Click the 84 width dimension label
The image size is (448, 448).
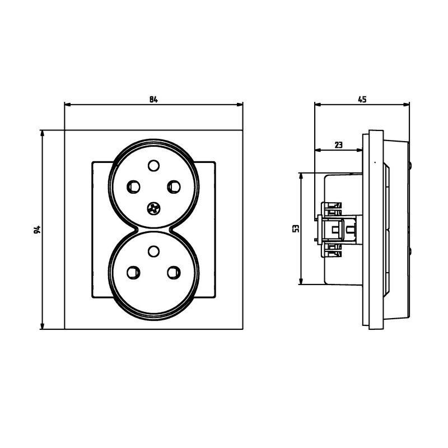click(153, 100)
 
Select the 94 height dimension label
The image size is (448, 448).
click(37, 230)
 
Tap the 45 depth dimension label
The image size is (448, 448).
click(362, 100)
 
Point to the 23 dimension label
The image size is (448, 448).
click(338, 145)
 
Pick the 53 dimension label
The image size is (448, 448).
click(296, 228)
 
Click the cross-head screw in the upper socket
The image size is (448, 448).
click(153, 208)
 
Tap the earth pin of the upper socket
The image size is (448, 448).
click(153, 165)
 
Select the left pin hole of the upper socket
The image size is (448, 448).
click(133, 186)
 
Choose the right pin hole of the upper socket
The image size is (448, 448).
click(174, 186)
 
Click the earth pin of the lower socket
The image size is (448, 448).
click(153, 251)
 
